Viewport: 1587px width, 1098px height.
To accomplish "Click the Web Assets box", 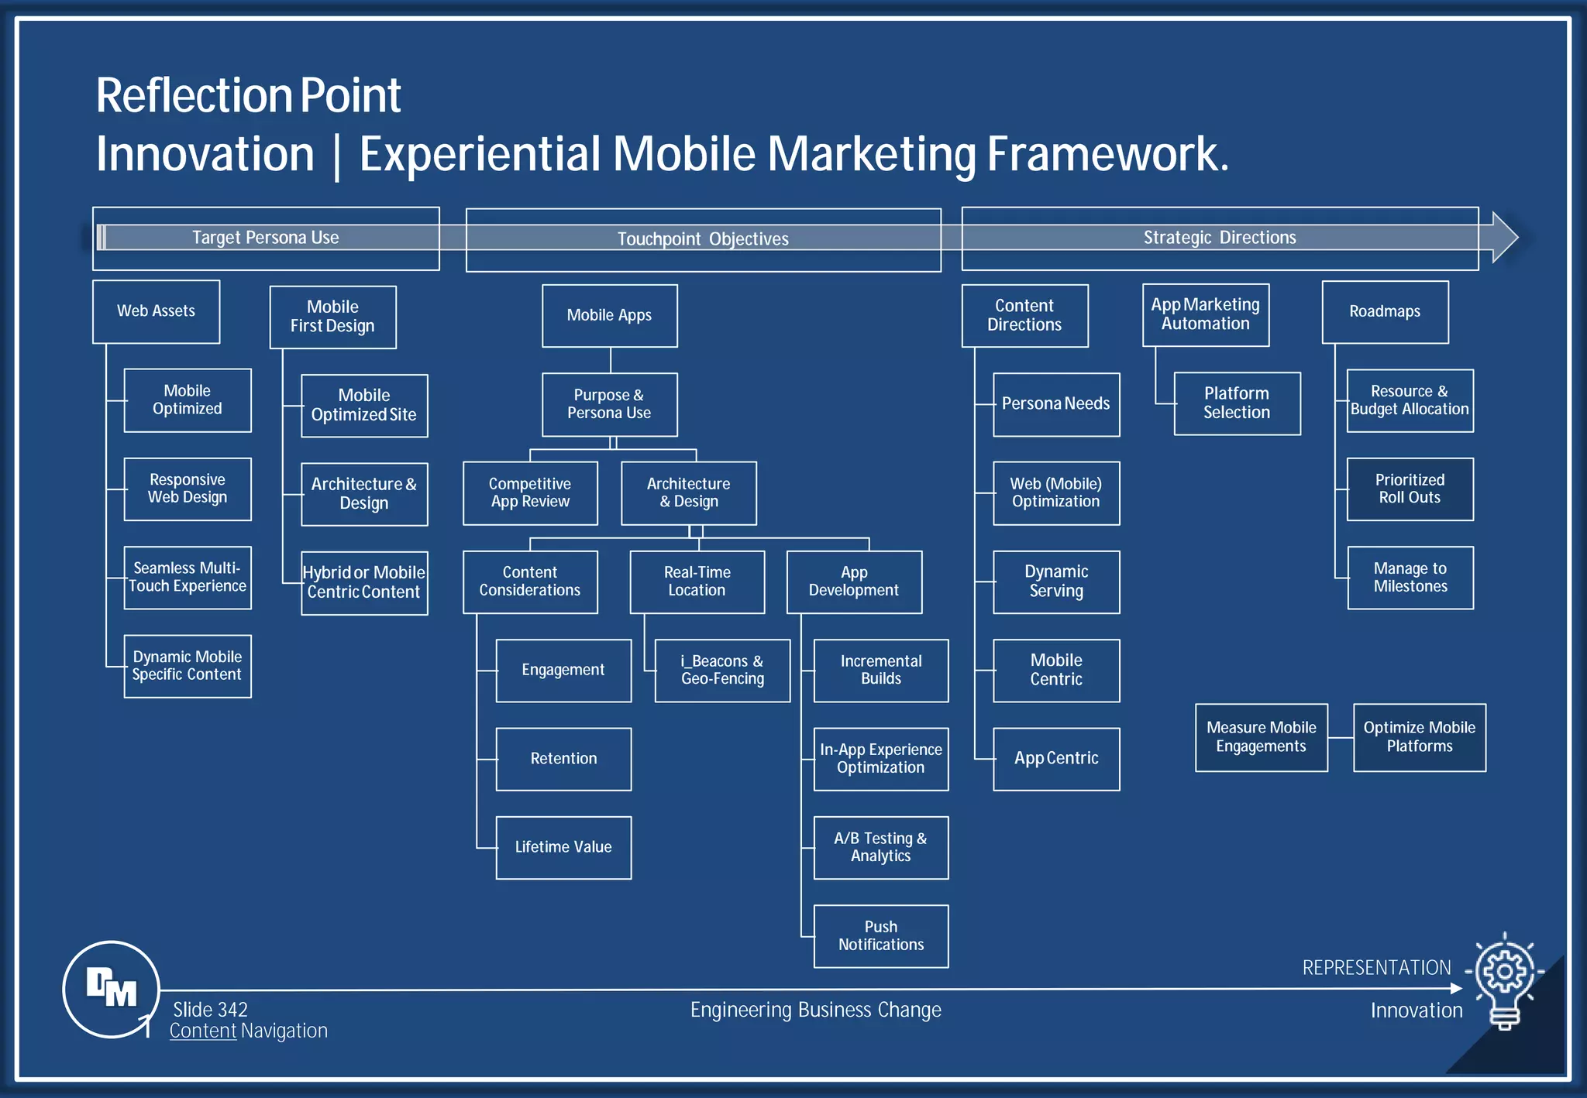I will (156, 311).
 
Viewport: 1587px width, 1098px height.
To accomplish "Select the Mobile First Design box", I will (332, 317).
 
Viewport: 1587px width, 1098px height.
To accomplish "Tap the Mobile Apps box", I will (609, 315).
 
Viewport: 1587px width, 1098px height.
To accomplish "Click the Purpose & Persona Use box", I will (609, 404).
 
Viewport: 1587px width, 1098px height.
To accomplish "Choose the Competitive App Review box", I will (530, 492).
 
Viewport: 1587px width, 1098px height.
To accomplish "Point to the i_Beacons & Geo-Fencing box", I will (722, 670).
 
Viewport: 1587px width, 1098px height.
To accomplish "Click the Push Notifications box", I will (880, 935).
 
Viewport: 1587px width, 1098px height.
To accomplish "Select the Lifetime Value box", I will (563, 847).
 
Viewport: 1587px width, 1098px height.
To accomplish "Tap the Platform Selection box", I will (1237, 403).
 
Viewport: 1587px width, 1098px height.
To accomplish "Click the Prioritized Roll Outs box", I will (1410, 489).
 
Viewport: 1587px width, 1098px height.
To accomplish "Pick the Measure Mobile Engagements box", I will (1261, 737).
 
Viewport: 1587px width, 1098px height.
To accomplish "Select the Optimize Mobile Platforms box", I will (1419, 737).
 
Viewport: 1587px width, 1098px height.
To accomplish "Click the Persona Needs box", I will (1055, 404).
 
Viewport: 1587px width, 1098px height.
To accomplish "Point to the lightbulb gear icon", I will (1504, 980).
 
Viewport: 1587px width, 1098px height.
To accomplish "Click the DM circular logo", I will (111, 989).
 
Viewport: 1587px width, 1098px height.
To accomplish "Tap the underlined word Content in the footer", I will (203, 1031).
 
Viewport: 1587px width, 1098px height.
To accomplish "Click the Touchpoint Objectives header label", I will (703, 239).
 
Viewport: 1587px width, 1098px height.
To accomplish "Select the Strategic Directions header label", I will (1220, 238).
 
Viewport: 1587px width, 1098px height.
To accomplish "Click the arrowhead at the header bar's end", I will (1504, 237).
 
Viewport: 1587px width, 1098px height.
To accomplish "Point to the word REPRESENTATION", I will (1376, 968).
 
